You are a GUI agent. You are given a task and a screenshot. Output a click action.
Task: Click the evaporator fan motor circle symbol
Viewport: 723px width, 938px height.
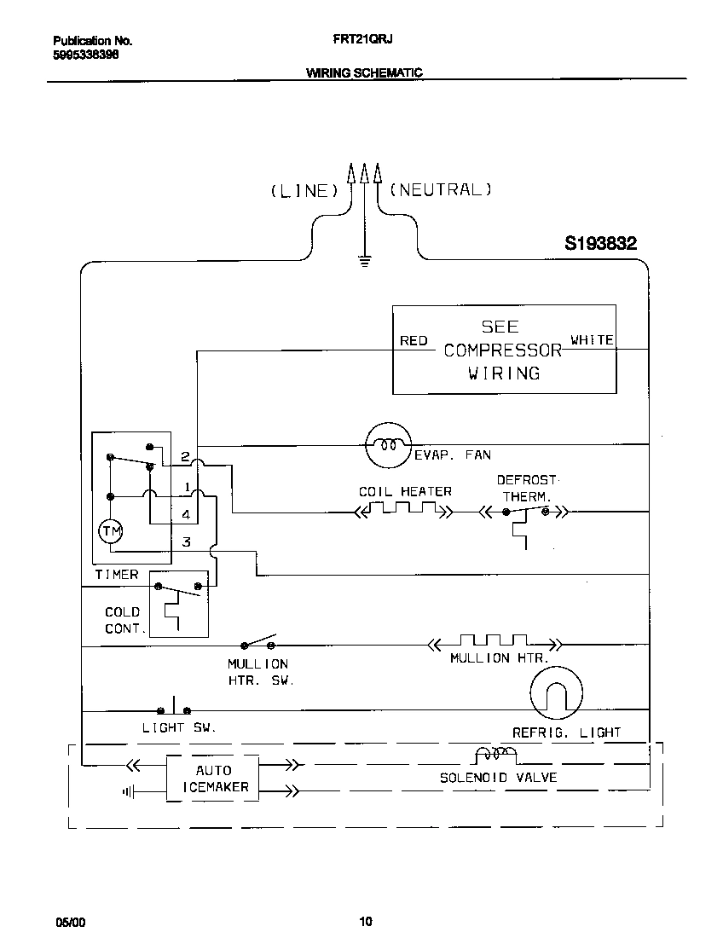click(388, 445)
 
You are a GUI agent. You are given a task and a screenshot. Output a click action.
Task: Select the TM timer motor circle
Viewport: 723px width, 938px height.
click(111, 532)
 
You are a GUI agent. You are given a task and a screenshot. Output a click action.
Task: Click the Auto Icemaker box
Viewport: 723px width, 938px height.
click(212, 779)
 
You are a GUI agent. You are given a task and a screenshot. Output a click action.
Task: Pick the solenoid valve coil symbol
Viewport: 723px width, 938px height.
click(495, 755)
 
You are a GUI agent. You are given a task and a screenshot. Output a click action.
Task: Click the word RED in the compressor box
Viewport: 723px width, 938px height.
click(414, 341)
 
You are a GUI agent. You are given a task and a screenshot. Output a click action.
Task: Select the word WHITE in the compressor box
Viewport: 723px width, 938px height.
click(592, 340)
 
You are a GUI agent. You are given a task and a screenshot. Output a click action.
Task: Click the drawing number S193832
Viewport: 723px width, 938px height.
click(600, 244)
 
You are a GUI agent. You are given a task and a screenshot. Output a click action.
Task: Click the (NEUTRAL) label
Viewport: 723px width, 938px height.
click(440, 190)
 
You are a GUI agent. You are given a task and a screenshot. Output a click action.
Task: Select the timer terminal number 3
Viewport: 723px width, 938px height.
click(186, 541)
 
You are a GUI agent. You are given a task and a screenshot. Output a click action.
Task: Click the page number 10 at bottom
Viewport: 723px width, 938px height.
click(365, 921)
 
